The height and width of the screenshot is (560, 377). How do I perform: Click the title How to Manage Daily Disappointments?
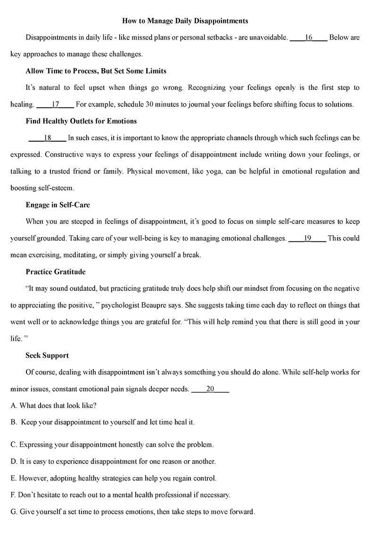coord(185,21)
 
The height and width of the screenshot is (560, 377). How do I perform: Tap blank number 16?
coord(309,38)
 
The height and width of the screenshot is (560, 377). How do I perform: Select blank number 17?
coord(55,104)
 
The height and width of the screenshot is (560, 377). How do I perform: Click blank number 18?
coord(47,138)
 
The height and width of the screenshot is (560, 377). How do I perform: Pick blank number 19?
coord(307,238)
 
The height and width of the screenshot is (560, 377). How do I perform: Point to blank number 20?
coord(211,389)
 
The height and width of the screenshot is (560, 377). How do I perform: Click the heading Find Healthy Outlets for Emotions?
coord(81,121)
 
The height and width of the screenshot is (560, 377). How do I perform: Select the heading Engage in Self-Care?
coord(57,205)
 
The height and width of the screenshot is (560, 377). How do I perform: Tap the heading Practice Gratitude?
coord(56,272)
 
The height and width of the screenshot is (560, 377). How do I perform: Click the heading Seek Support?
coord(47,355)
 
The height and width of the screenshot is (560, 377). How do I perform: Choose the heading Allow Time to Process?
coord(96,71)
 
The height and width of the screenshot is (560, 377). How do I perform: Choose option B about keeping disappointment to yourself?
coord(102,423)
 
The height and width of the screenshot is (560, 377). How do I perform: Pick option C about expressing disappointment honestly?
coord(112,444)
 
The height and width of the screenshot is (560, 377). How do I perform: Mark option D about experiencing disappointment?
coord(113,461)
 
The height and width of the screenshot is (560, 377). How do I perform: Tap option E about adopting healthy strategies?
coord(114,478)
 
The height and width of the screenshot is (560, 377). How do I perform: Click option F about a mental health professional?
coord(120,495)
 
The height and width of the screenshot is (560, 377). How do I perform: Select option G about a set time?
coord(132,512)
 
